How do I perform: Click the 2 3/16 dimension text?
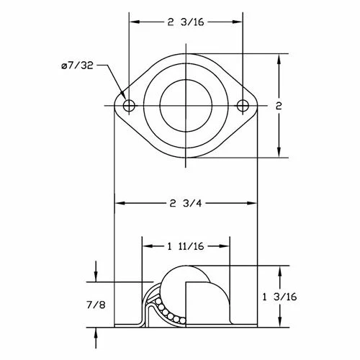pyautogui.click(x=186, y=22)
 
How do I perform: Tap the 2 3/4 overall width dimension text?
pyautogui.click(x=186, y=204)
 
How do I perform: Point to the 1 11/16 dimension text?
pyautogui.click(x=186, y=246)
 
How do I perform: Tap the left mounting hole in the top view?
pyautogui.click(x=129, y=107)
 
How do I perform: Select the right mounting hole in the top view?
pyautogui.click(x=243, y=107)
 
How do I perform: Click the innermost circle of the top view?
pyautogui.click(x=186, y=106)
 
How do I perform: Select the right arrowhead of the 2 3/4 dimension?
pyautogui.click(x=252, y=204)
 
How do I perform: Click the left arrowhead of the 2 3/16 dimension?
pyautogui.click(x=134, y=22)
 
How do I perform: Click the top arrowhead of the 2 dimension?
pyautogui.click(x=279, y=58)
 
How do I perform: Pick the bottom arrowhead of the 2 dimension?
pyautogui.click(x=279, y=153)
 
